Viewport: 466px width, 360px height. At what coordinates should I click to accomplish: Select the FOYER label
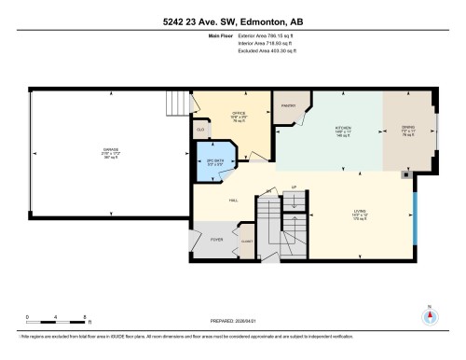pyautogui.click(x=215, y=240)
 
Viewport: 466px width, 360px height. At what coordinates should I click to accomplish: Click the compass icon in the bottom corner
pyautogui.click(x=429, y=315)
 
